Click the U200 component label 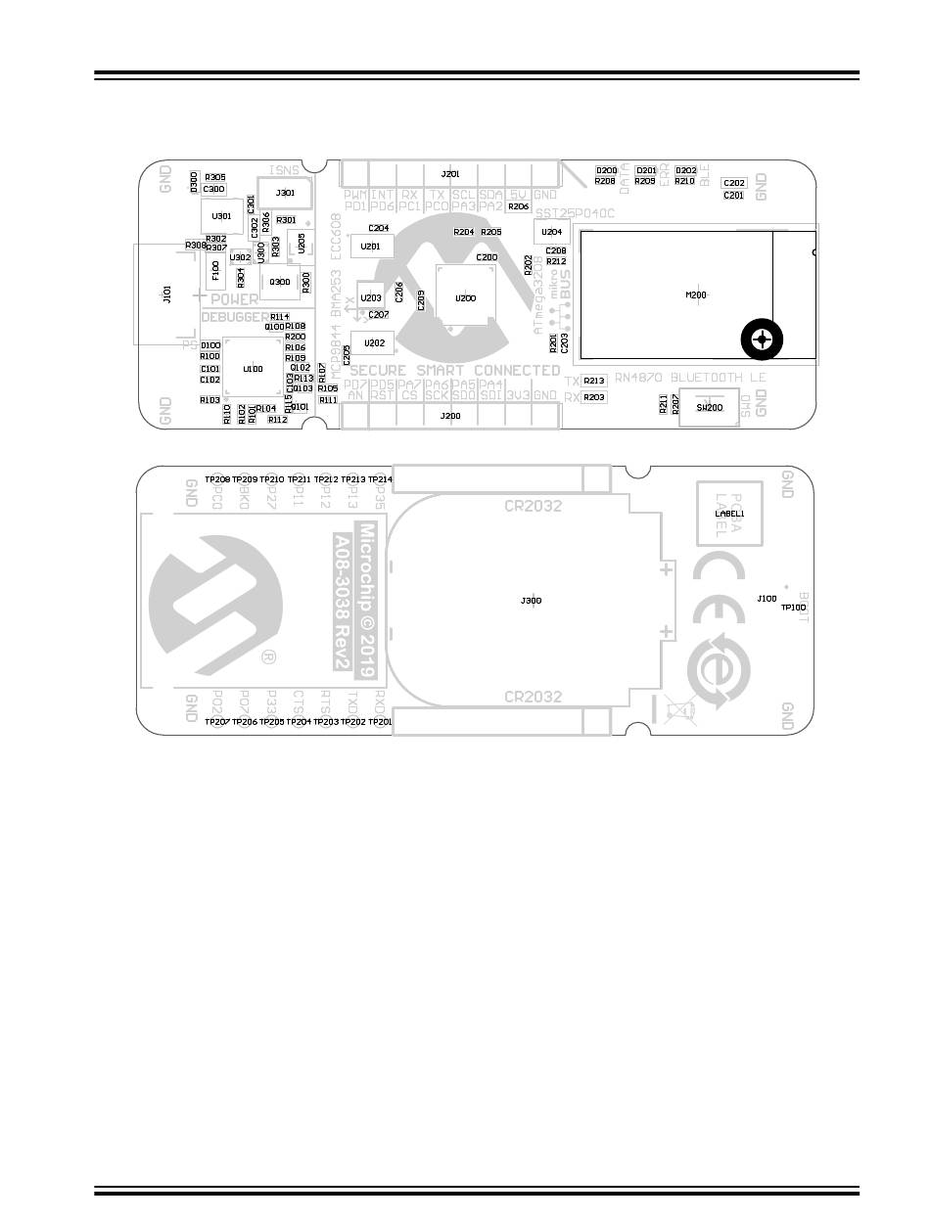465,297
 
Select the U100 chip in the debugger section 253,369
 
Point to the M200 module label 696,294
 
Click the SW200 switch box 709,407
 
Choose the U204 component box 552,232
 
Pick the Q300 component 280,282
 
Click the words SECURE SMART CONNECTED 454,371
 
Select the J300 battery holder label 531,600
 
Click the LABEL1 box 729,514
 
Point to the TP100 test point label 793,608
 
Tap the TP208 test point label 217,479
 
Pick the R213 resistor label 594,381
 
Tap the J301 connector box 286,193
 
